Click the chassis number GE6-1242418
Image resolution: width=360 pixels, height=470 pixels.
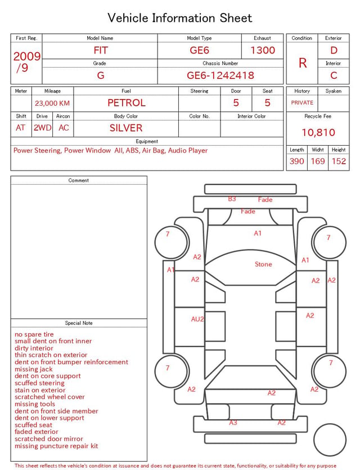click(220, 75)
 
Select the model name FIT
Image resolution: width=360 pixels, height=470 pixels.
click(101, 50)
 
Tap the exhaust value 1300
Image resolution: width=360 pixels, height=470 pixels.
click(263, 50)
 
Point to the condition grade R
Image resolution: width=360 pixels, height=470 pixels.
click(303, 63)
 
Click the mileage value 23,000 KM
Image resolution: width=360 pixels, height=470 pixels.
click(52, 104)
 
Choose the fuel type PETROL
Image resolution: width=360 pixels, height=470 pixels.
click(127, 103)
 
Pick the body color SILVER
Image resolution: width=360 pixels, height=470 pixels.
click(126, 128)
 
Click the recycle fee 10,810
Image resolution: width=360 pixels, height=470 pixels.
click(318, 132)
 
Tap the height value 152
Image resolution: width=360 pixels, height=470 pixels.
click(339, 161)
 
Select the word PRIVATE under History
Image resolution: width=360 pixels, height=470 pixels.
click(302, 102)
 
